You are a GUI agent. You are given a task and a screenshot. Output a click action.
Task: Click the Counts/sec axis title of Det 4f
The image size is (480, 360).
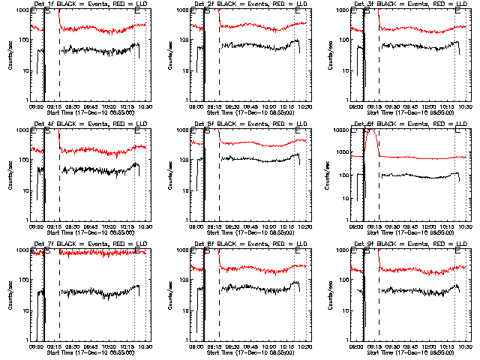(x=10, y=174)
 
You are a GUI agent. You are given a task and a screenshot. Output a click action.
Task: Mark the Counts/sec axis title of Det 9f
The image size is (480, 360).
(x=329, y=294)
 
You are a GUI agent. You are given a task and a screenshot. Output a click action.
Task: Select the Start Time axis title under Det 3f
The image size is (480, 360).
(x=410, y=112)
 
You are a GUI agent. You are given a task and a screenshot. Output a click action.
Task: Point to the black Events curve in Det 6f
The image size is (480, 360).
(x=420, y=175)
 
